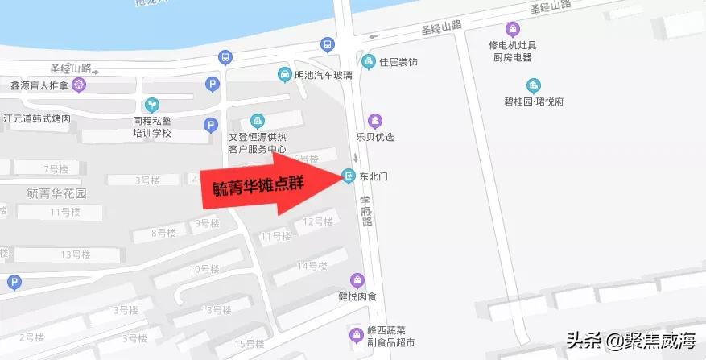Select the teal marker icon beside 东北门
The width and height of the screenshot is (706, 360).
coord(349,176)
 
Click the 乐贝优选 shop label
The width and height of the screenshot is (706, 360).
coord(375,137)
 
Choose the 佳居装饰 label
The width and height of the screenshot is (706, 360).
coord(400,60)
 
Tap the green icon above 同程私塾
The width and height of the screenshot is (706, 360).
coord(151,104)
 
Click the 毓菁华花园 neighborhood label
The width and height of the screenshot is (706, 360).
coord(56,193)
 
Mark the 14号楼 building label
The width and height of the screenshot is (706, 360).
coord(312,266)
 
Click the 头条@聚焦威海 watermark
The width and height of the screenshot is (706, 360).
coord(630,341)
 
